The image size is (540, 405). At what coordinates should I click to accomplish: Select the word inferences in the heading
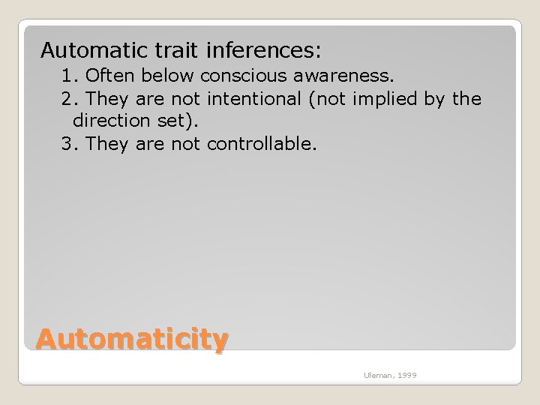[x=256, y=51]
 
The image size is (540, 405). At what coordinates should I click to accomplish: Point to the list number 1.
[x=70, y=76]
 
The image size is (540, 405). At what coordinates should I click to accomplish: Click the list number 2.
[x=70, y=99]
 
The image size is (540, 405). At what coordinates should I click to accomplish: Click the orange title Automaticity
[x=131, y=340]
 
